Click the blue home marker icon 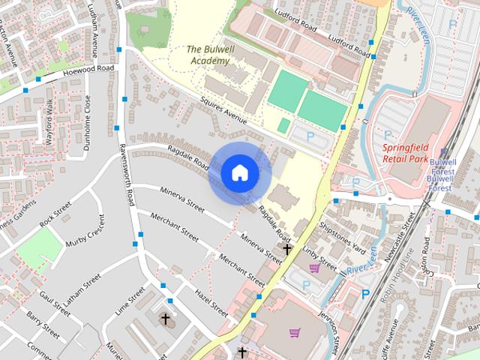[239, 173]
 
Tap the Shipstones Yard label [342, 235]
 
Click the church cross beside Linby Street [287, 249]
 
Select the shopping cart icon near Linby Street [315, 267]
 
